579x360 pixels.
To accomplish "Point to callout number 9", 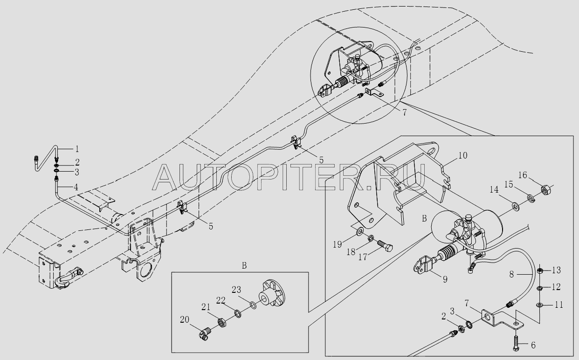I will coord(445,279).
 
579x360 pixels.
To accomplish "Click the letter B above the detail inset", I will coord(244,266).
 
